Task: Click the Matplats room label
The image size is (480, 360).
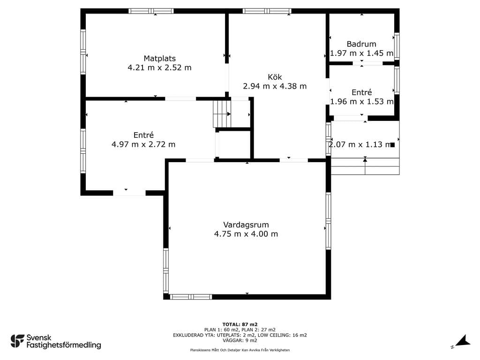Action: tap(160, 58)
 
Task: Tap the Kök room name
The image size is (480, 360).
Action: tap(275, 77)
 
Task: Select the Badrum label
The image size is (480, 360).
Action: tap(361, 44)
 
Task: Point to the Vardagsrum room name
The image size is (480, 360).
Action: tap(246, 225)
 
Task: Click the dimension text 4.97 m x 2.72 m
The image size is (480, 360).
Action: tap(143, 144)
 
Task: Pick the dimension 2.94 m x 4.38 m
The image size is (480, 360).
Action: tap(275, 86)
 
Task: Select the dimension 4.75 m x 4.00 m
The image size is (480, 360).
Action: tap(246, 234)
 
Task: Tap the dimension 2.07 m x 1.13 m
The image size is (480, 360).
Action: tap(360, 144)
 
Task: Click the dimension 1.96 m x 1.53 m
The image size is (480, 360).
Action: tap(361, 101)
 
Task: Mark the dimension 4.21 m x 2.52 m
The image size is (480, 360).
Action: tap(159, 67)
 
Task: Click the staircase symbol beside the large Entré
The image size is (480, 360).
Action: tap(222, 114)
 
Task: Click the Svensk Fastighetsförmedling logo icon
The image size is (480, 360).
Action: tap(17, 341)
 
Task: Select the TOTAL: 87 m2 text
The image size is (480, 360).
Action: tap(240, 324)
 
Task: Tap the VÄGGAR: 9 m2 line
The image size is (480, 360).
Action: tap(240, 340)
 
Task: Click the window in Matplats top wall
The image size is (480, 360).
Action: tap(151, 11)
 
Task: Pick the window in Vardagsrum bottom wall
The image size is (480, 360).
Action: tap(191, 297)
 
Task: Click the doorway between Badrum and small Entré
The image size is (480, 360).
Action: tap(367, 63)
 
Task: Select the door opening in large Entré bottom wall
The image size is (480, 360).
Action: tap(129, 193)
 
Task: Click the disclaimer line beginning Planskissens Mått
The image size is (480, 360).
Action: tap(240, 350)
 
